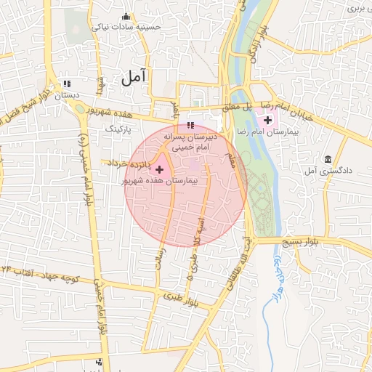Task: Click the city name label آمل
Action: [x=134, y=75]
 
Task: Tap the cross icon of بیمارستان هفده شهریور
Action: [x=160, y=169]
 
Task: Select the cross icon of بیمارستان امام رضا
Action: [x=267, y=119]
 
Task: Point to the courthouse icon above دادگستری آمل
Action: [x=328, y=159]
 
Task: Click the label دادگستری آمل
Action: [x=331, y=171]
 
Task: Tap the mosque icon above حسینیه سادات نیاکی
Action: [x=127, y=16]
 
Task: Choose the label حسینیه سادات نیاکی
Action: [x=126, y=27]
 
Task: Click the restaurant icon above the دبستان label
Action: [x=68, y=84]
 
